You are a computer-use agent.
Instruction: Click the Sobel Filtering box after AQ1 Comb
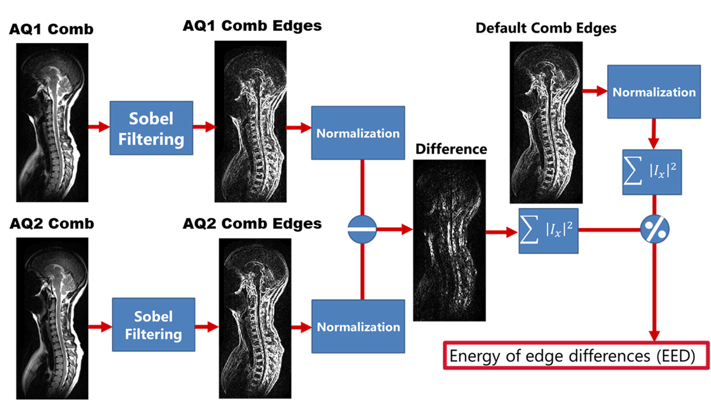tap(151, 128)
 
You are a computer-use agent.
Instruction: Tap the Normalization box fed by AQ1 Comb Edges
tap(358, 133)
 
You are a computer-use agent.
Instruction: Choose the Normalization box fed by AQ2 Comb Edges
tap(358, 326)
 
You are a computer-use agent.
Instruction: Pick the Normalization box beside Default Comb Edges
tap(654, 92)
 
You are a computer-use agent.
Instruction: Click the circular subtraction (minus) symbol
tap(362, 229)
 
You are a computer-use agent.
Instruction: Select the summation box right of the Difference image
tap(548, 231)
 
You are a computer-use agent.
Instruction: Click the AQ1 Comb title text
tap(51, 29)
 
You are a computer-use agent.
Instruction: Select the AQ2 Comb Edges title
tap(252, 224)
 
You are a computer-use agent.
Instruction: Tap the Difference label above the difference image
tap(451, 149)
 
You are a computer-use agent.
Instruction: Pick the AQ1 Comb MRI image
tap(52, 122)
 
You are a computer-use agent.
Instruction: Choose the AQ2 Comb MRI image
tap(52, 318)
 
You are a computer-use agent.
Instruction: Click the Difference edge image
tap(449, 240)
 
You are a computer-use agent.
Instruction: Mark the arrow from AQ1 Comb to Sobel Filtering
tap(99, 127)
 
